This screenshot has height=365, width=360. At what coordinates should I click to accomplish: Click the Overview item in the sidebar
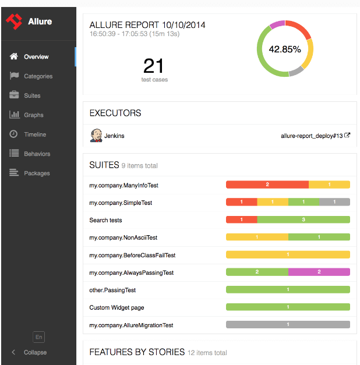36,57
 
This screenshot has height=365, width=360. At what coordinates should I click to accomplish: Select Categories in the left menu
38,76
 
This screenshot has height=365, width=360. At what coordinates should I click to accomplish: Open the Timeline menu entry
35,134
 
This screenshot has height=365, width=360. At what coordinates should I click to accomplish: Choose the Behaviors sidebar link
37,154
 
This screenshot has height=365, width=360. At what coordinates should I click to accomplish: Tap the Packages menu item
37,173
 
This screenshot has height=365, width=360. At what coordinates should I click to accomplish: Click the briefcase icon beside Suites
14,95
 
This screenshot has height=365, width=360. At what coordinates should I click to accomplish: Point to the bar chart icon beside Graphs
14,115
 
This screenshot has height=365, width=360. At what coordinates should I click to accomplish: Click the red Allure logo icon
14,22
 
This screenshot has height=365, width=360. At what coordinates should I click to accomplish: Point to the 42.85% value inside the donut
285,49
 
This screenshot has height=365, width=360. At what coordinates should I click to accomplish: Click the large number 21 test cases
154,66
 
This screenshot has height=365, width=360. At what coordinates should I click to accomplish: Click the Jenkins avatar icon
96,136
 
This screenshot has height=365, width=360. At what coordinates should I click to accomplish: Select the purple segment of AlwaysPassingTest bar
319,272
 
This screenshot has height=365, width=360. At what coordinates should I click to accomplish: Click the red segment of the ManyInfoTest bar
267,185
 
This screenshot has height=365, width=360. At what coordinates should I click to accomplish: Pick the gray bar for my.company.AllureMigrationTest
288,325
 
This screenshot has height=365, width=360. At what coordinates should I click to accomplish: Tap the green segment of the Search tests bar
303,219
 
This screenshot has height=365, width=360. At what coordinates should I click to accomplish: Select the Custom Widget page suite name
117,307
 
